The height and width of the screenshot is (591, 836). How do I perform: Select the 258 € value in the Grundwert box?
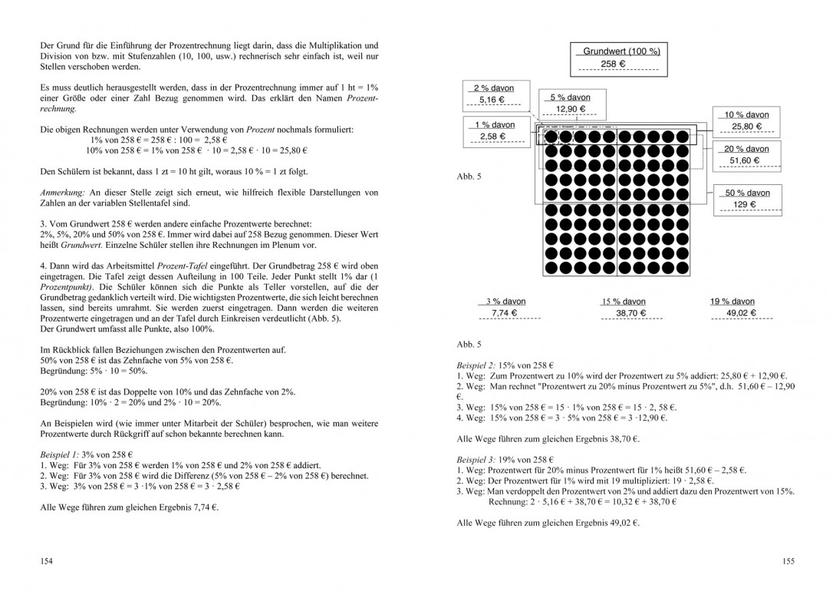click(x=614, y=64)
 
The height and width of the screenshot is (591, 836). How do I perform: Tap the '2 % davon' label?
click(x=494, y=88)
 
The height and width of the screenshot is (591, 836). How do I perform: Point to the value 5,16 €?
click(x=492, y=101)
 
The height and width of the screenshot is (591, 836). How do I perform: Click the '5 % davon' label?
click(x=571, y=97)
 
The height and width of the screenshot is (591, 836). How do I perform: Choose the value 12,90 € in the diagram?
click(x=571, y=110)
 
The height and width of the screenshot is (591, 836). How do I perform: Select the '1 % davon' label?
click(x=495, y=124)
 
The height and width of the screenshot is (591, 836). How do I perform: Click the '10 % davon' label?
click(x=746, y=114)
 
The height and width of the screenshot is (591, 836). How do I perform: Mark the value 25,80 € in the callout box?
click(x=746, y=127)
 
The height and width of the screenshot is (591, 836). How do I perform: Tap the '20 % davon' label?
click(x=746, y=149)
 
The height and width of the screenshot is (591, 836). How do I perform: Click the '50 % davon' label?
click(x=747, y=193)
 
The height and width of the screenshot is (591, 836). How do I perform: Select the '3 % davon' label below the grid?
click(x=505, y=302)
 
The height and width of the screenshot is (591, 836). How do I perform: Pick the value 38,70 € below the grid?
click(x=622, y=313)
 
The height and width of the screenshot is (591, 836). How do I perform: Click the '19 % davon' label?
click(x=732, y=302)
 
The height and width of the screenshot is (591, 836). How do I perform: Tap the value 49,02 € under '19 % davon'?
click(x=741, y=313)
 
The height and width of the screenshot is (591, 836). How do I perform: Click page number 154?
click(x=47, y=562)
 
